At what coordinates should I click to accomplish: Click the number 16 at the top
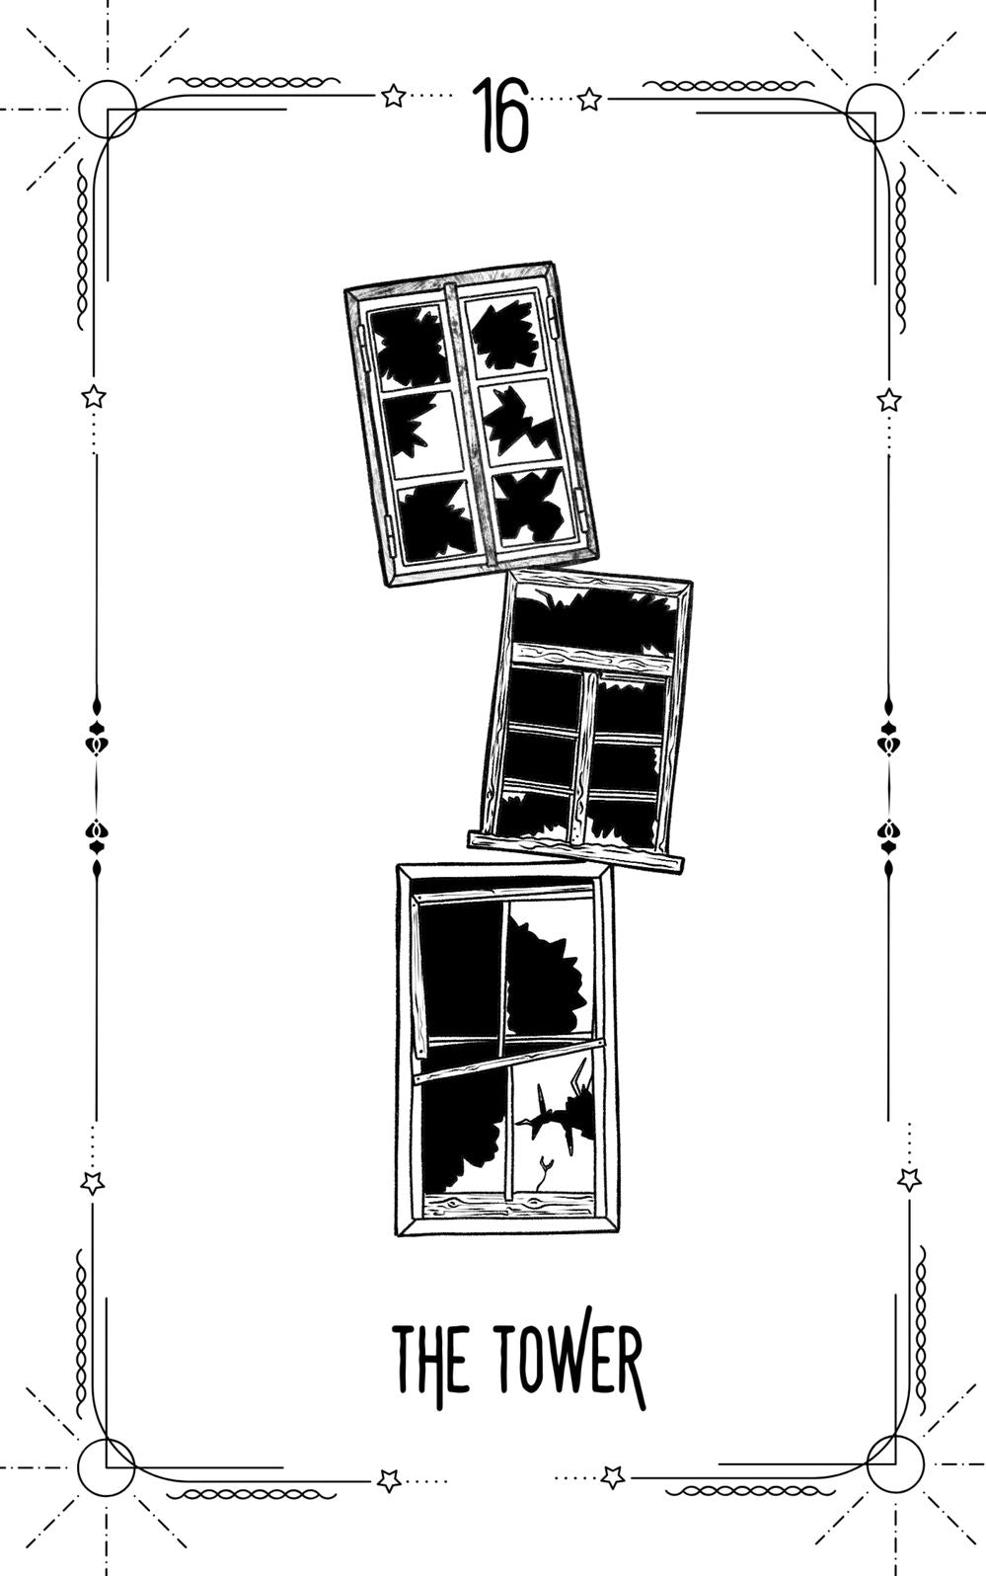tap(499, 116)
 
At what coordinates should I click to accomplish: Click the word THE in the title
tap(430, 1360)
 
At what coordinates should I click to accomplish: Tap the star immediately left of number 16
tap(393, 96)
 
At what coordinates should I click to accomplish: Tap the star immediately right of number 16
tap(589, 99)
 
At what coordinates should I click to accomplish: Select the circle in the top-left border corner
tap(107, 109)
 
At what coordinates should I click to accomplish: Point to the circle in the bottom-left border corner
tap(106, 1466)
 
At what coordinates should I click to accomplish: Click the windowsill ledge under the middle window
tap(576, 851)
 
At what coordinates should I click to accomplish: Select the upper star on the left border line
tap(94, 397)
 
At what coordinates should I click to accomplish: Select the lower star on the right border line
tap(909, 1179)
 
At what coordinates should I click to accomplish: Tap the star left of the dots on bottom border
tap(389, 1480)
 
